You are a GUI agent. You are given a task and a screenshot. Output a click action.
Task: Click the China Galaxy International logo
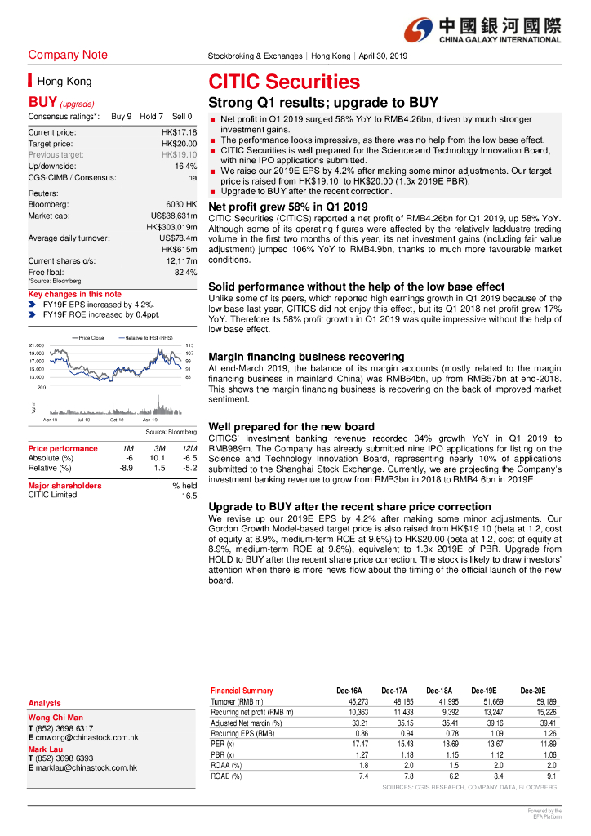point(482,30)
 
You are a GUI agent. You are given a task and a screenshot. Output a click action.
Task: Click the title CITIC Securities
point(284,82)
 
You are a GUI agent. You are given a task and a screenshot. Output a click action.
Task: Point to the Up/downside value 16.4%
point(185,166)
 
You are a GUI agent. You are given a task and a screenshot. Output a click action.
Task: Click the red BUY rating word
point(42,103)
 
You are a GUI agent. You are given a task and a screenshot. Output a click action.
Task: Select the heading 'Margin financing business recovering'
point(306,357)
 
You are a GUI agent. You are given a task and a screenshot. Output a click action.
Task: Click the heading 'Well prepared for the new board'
point(291,427)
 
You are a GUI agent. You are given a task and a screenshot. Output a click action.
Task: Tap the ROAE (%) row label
point(226,776)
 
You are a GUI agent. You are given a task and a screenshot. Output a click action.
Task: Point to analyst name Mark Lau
point(47,749)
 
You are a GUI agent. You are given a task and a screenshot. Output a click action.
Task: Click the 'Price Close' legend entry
point(87,337)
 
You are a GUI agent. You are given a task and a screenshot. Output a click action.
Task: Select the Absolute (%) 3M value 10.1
point(158,458)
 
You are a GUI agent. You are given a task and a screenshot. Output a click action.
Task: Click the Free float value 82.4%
point(185,272)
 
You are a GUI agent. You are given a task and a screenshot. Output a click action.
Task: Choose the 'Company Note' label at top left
point(68,55)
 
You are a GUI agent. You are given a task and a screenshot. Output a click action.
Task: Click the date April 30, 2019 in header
point(383,56)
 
